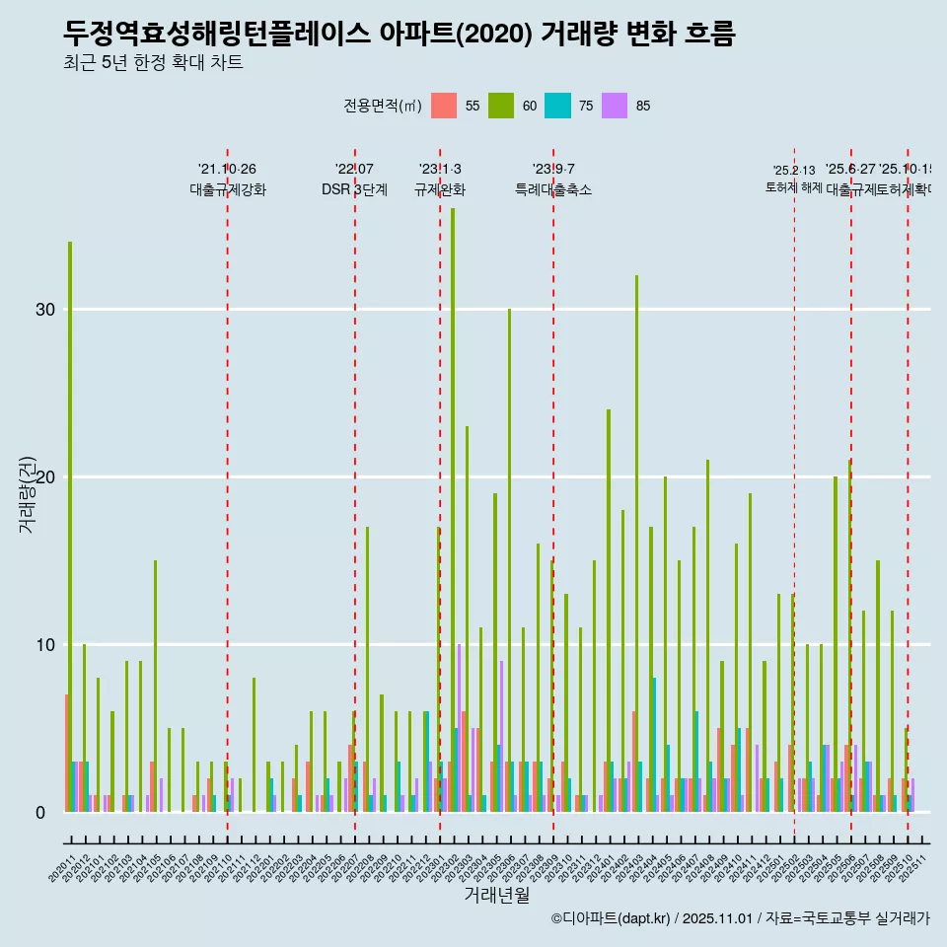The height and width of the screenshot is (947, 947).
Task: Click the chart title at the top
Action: [x=399, y=34]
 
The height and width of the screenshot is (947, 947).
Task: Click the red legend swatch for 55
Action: [x=445, y=106]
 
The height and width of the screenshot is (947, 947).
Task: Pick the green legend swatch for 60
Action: [x=501, y=106]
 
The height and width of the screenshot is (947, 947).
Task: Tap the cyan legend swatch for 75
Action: [x=558, y=106]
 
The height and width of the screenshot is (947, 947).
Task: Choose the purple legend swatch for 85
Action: [x=616, y=106]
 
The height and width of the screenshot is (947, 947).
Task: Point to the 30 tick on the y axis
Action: [x=45, y=310]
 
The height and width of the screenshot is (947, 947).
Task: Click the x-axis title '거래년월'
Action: [x=497, y=896]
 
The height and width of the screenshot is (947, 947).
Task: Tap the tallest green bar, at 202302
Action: [x=453, y=493]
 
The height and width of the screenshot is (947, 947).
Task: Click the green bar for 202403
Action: [x=637, y=543]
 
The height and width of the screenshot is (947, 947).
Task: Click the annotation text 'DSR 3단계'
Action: [x=354, y=189]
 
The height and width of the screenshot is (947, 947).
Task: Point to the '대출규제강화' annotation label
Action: [x=228, y=189]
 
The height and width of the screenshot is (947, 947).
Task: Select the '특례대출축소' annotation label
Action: [x=553, y=189]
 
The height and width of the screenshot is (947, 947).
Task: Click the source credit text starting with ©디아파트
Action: [x=740, y=918]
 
